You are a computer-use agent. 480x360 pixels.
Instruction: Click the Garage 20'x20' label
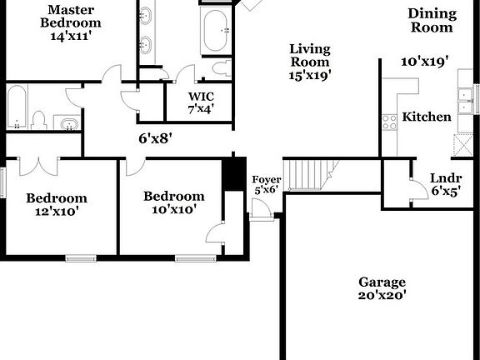382,288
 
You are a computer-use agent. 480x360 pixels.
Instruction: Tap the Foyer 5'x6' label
267,185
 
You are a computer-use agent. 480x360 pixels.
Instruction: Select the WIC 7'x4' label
201,102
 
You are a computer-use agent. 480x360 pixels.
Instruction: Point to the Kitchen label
427,117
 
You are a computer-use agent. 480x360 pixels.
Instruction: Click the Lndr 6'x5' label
446,185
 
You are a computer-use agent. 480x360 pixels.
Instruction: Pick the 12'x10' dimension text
57,212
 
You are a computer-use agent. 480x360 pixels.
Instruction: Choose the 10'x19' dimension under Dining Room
425,62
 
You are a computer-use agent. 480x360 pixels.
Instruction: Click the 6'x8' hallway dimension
156,138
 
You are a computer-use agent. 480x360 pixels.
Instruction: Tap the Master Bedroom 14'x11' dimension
71,36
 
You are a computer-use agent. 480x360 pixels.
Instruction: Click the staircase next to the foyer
311,175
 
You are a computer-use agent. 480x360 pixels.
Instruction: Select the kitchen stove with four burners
389,122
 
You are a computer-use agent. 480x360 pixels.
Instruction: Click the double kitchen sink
465,101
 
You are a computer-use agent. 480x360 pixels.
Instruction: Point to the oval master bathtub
216,32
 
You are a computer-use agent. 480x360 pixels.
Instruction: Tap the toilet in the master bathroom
222,68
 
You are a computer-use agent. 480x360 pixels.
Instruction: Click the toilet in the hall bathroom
39,121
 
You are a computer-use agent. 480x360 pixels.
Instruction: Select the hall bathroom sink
69,124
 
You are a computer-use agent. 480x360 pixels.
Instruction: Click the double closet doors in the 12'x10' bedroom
38,167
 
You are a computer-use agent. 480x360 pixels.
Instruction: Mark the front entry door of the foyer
261,208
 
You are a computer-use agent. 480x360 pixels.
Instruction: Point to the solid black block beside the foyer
234,174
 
